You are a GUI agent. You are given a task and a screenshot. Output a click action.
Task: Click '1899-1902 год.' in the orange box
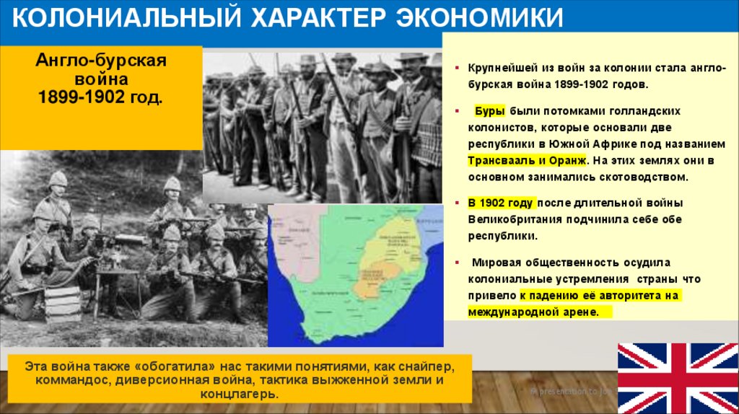coord(101,96)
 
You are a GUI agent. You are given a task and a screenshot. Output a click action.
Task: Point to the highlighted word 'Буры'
coord(490,112)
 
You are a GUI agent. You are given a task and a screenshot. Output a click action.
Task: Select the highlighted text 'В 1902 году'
coord(499,203)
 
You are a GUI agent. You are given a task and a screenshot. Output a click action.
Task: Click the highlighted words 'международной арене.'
coord(533,312)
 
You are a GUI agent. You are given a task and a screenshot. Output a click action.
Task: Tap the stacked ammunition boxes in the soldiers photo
coord(63,304)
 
